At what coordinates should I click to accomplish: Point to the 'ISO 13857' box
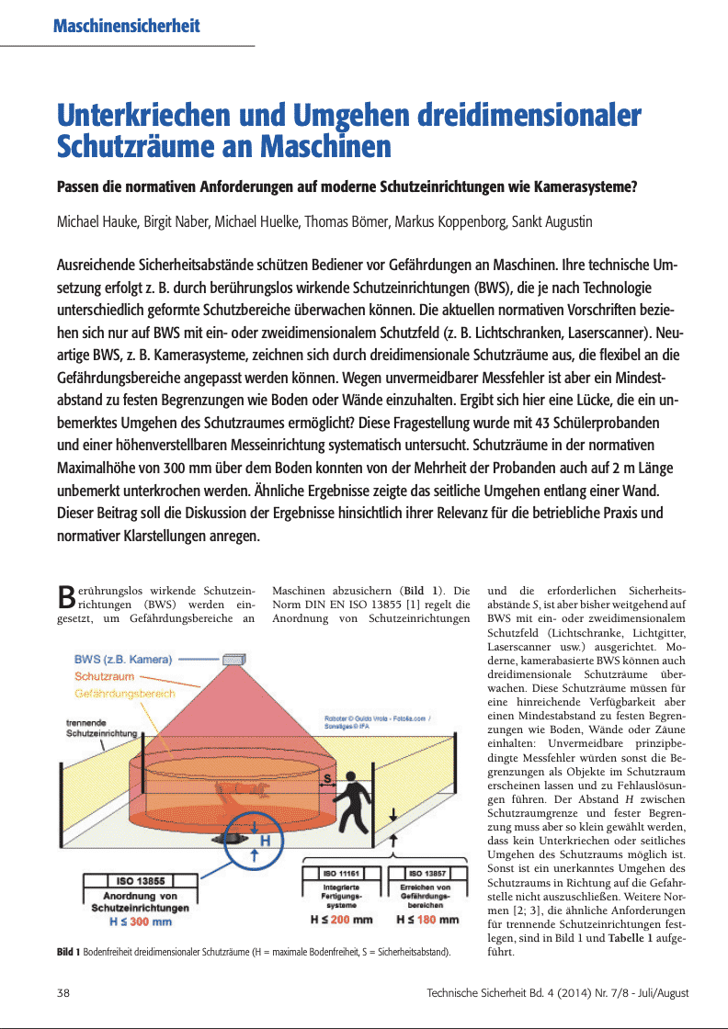pyautogui.click(x=427, y=871)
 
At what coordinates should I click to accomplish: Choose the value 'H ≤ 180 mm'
pyautogui.click(x=427, y=919)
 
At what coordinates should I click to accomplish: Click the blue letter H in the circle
pyautogui.click(x=265, y=840)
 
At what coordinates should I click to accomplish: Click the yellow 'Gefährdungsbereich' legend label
pyautogui.click(x=125, y=693)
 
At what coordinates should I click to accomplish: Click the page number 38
pyautogui.click(x=64, y=993)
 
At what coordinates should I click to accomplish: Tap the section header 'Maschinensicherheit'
pyautogui.click(x=127, y=27)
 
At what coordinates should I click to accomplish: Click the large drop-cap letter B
pyautogui.click(x=65, y=597)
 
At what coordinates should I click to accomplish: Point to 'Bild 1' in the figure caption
pyautogui.click(x=68, y=953)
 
